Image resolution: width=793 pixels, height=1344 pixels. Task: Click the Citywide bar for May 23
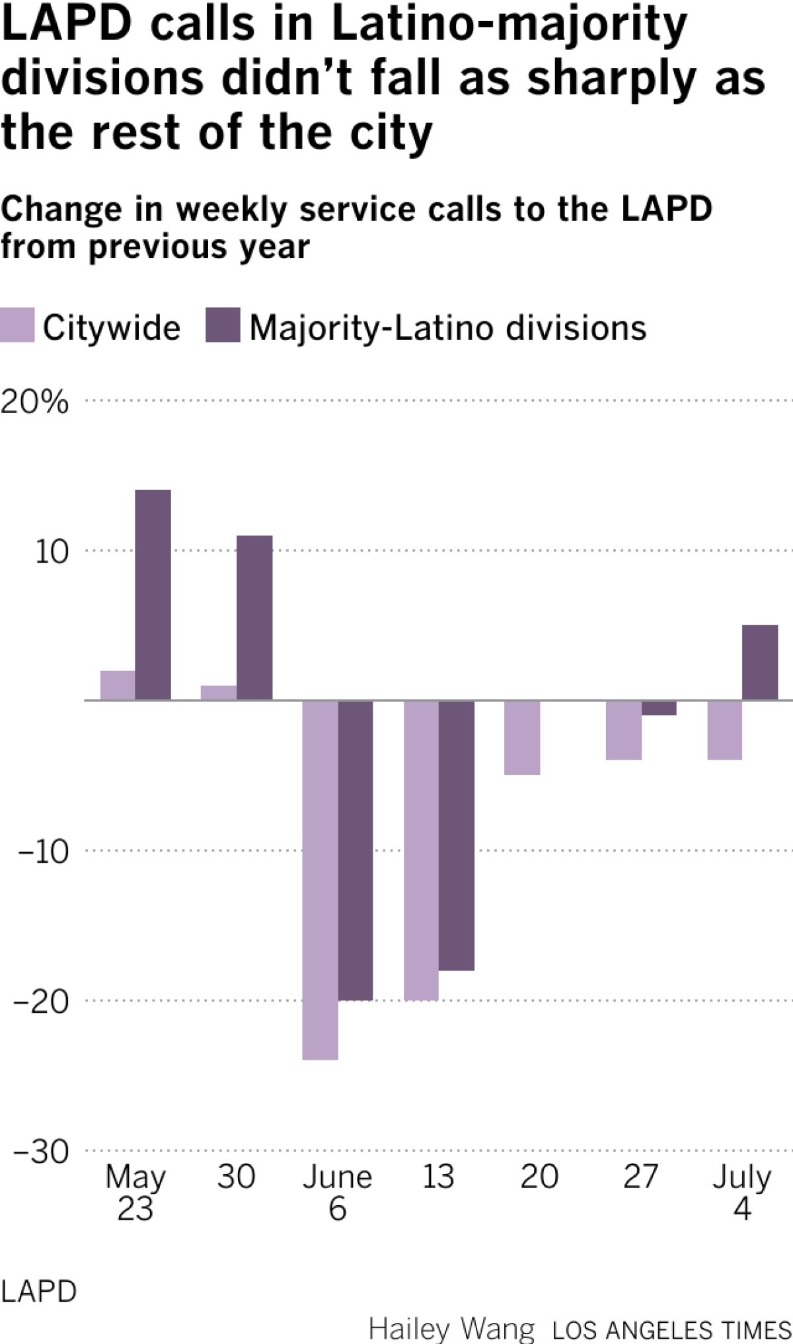pos(118,685)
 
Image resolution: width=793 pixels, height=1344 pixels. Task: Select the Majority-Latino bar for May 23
pos(153,594)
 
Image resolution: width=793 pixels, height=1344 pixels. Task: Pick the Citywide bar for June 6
pos(321,879)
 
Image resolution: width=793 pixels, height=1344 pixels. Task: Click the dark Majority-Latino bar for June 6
pos(356,850)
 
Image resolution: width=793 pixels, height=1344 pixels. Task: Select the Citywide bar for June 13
pos(422,850)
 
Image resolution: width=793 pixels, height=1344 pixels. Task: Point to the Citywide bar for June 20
pos(522,737)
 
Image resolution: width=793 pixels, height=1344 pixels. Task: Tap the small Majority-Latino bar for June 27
pos(659,708)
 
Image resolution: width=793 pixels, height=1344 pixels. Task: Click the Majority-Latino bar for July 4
pos(760,662)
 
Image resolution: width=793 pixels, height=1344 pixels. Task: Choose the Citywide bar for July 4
pos(725,730)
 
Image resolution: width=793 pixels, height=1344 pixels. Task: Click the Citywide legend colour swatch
pos(17,325)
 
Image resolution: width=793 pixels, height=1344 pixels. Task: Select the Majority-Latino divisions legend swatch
pos(223,325)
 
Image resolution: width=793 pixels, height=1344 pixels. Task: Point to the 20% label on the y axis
pos(34,401)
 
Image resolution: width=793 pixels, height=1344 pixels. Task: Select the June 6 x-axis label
pos(338,1193)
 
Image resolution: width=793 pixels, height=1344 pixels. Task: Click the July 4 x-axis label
pos(741,1193)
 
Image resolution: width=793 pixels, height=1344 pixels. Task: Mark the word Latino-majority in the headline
pos(509,25)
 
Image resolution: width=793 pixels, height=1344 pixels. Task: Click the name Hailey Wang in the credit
pos(452,1329)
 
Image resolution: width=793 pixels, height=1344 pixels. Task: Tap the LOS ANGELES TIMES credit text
pos(671,1330)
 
